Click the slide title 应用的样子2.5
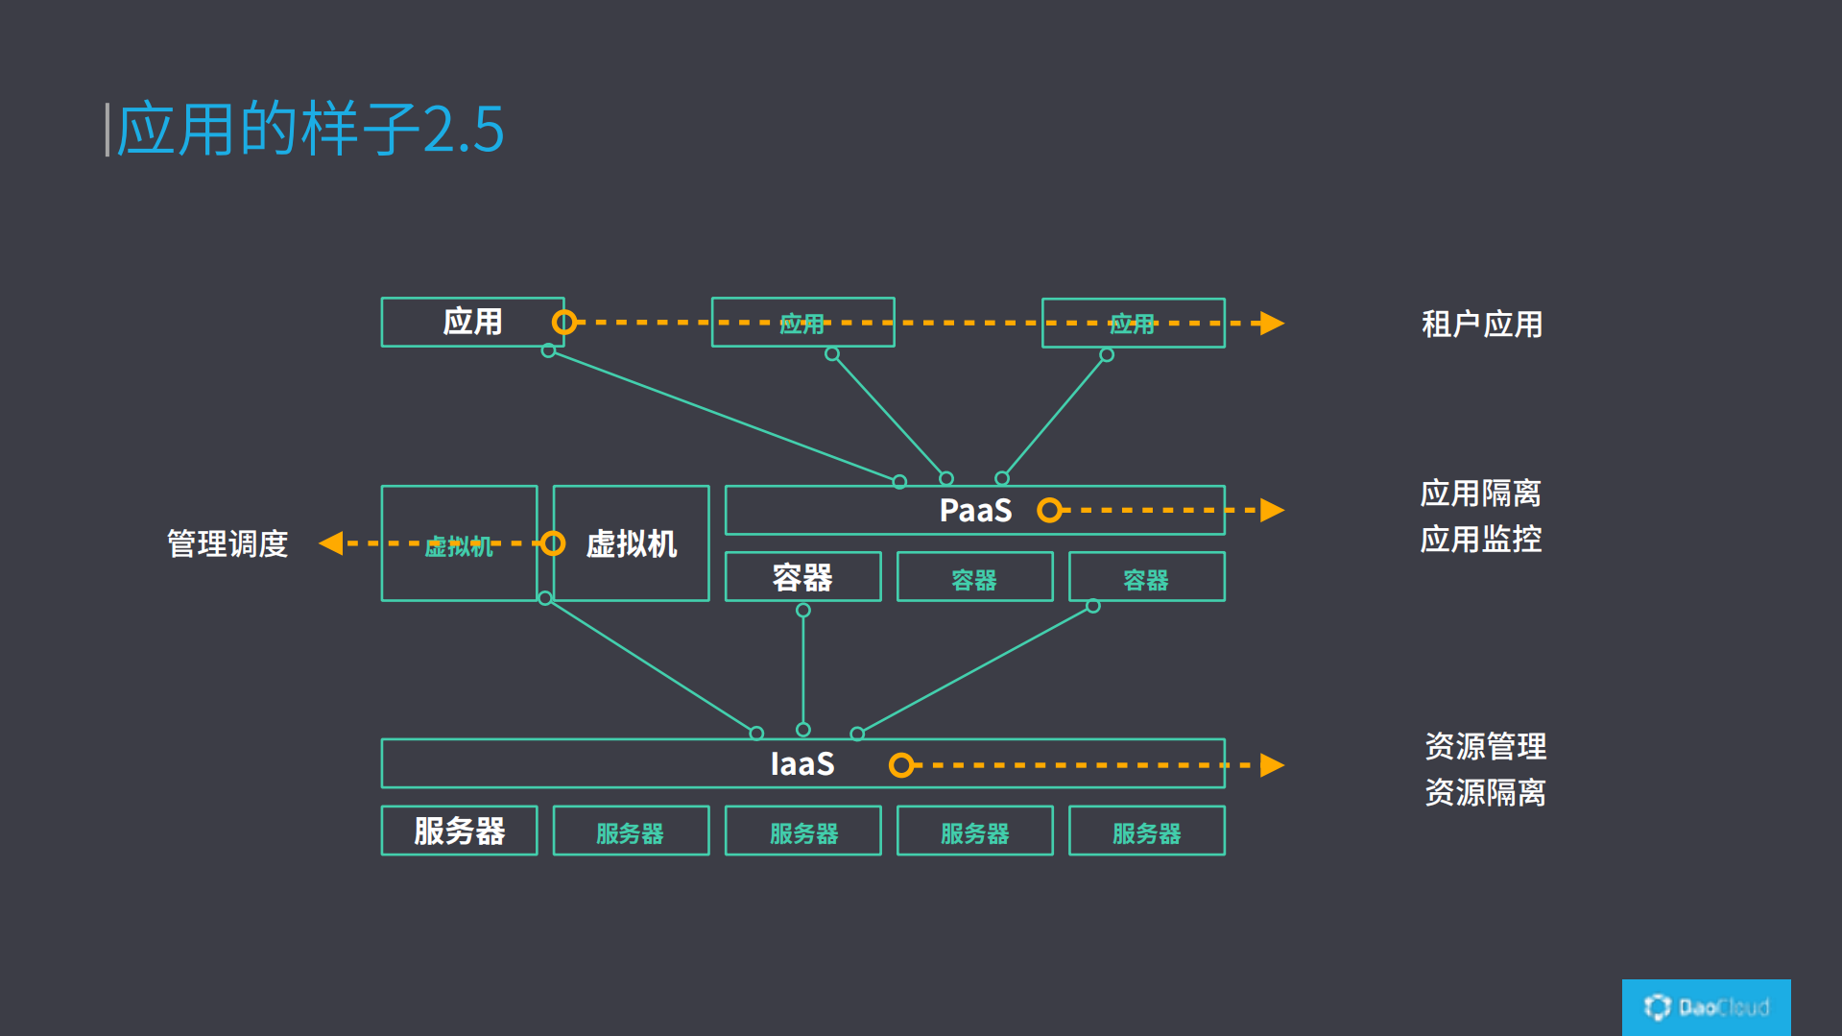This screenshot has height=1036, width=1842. point(309,129)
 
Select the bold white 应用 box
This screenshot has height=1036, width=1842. point(471,322)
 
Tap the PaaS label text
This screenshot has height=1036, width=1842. point(974,511)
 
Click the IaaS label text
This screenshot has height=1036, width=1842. point(801,764)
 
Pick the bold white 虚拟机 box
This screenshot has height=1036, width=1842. point(631,543)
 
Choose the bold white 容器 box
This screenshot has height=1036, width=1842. point(802,577)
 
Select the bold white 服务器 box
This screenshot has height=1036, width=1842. point(459,831)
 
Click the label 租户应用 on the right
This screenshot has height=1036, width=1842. point(1481,325)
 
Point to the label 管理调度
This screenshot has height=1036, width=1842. point(227,544)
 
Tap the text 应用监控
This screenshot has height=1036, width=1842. point(1480,540)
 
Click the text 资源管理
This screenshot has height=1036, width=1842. point(1485,746)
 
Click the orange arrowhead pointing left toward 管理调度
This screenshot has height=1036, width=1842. point(331,543)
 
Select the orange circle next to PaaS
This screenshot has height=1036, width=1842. point(1049,510)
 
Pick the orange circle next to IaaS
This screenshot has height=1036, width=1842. point(900,765)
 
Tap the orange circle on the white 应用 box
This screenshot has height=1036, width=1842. point(563,322)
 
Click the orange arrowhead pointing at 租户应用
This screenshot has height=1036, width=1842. point(1272,323)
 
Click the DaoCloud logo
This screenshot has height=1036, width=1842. point(1706,1007)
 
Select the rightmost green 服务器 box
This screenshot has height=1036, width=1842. point(1146,831)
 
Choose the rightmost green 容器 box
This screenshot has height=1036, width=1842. point(1146,577)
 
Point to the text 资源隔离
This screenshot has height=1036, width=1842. point(1485,793)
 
